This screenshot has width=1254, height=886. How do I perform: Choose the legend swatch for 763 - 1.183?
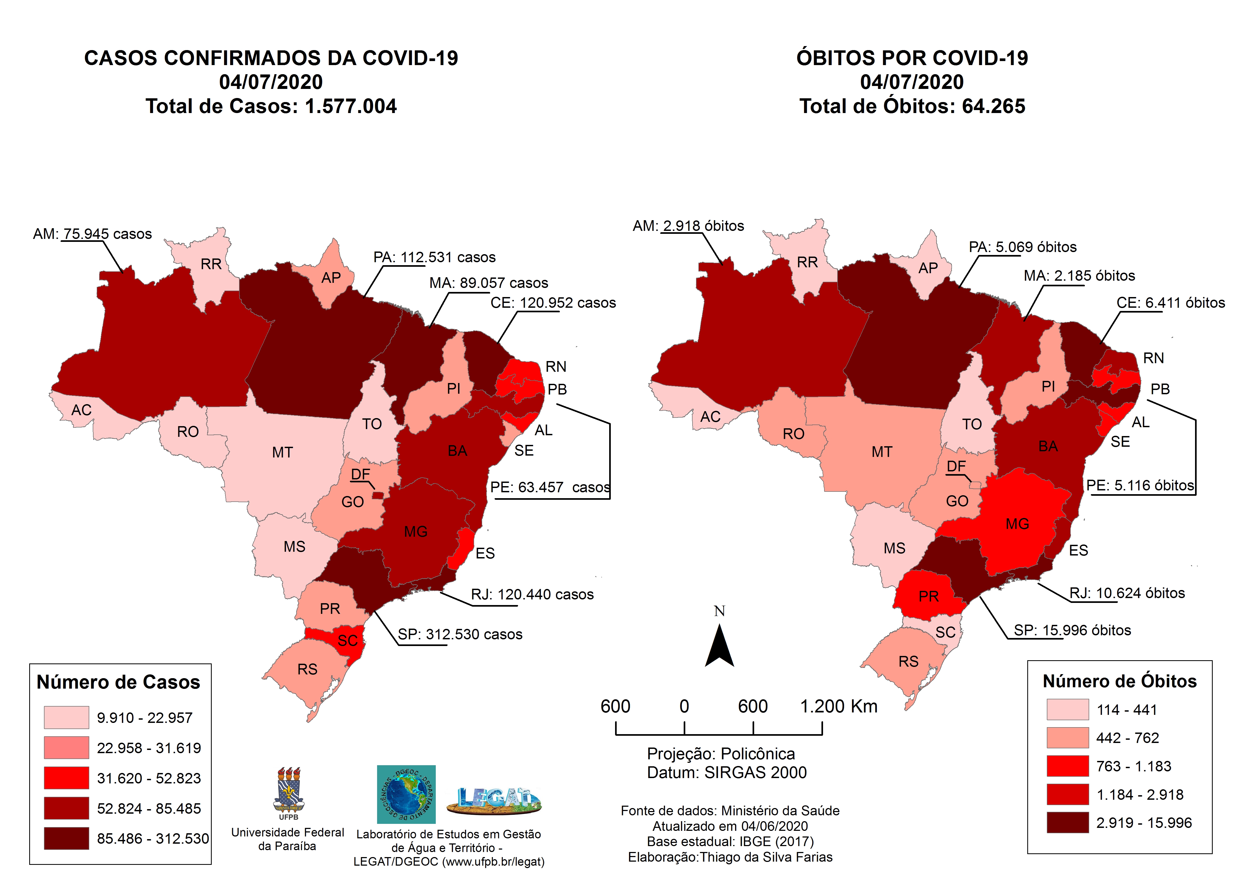(x=1067, y=766)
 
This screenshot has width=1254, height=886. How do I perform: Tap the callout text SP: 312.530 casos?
(x=460, y=634)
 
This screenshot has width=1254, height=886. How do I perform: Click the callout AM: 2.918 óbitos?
(x=688, y=226)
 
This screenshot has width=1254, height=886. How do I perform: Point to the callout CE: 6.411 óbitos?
(x=1170, y=303)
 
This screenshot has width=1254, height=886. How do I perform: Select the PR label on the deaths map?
(x=928, y=596)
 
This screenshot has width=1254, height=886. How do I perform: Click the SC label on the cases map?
(x=347, y=640)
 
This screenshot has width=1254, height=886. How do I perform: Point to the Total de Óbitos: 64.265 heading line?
(x=912, y=106)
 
